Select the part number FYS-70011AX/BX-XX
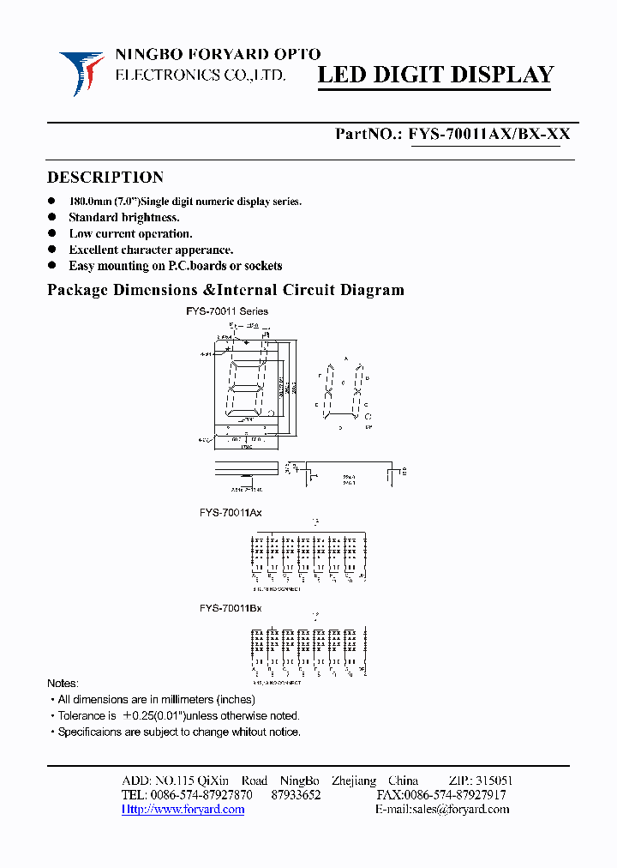tap(489, 134)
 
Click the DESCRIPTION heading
tap(105, 178)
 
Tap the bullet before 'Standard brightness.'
tap(51, 217)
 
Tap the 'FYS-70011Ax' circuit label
tap(231, 513)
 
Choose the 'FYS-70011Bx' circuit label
tap(231, 608)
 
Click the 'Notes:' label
tap(63, 684)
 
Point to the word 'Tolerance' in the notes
tap(81, 715)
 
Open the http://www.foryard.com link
tap(183, 810)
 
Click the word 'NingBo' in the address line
tap(299, 781)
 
